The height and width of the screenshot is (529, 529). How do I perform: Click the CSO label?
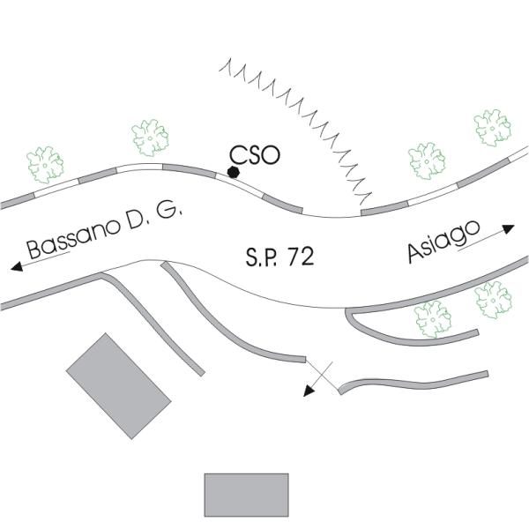pyautogui.click(x=254, y=155)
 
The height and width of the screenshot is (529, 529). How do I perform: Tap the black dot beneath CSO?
pyautogui.click(x=234, y=172)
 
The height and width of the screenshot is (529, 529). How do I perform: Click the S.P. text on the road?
pyautogui.click(x=262, y=258)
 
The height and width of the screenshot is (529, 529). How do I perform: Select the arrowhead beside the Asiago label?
pyautogui.click(x=509, y=228)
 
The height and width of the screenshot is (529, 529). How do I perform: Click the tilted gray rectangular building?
pyautogui.click(x=118, y=385)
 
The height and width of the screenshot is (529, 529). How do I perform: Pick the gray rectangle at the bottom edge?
pyautogui.click(x=246, y=495)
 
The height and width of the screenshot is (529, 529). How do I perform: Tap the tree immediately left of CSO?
pyautogui.click(x=150, y=137)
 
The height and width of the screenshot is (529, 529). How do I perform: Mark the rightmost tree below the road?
pyautogui.click(x=492, y=299)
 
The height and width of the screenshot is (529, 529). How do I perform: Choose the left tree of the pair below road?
pyautogui.click(x=433, y=317)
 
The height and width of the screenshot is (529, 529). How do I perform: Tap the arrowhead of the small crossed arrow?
pyautogui.click(x=309, y=392)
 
